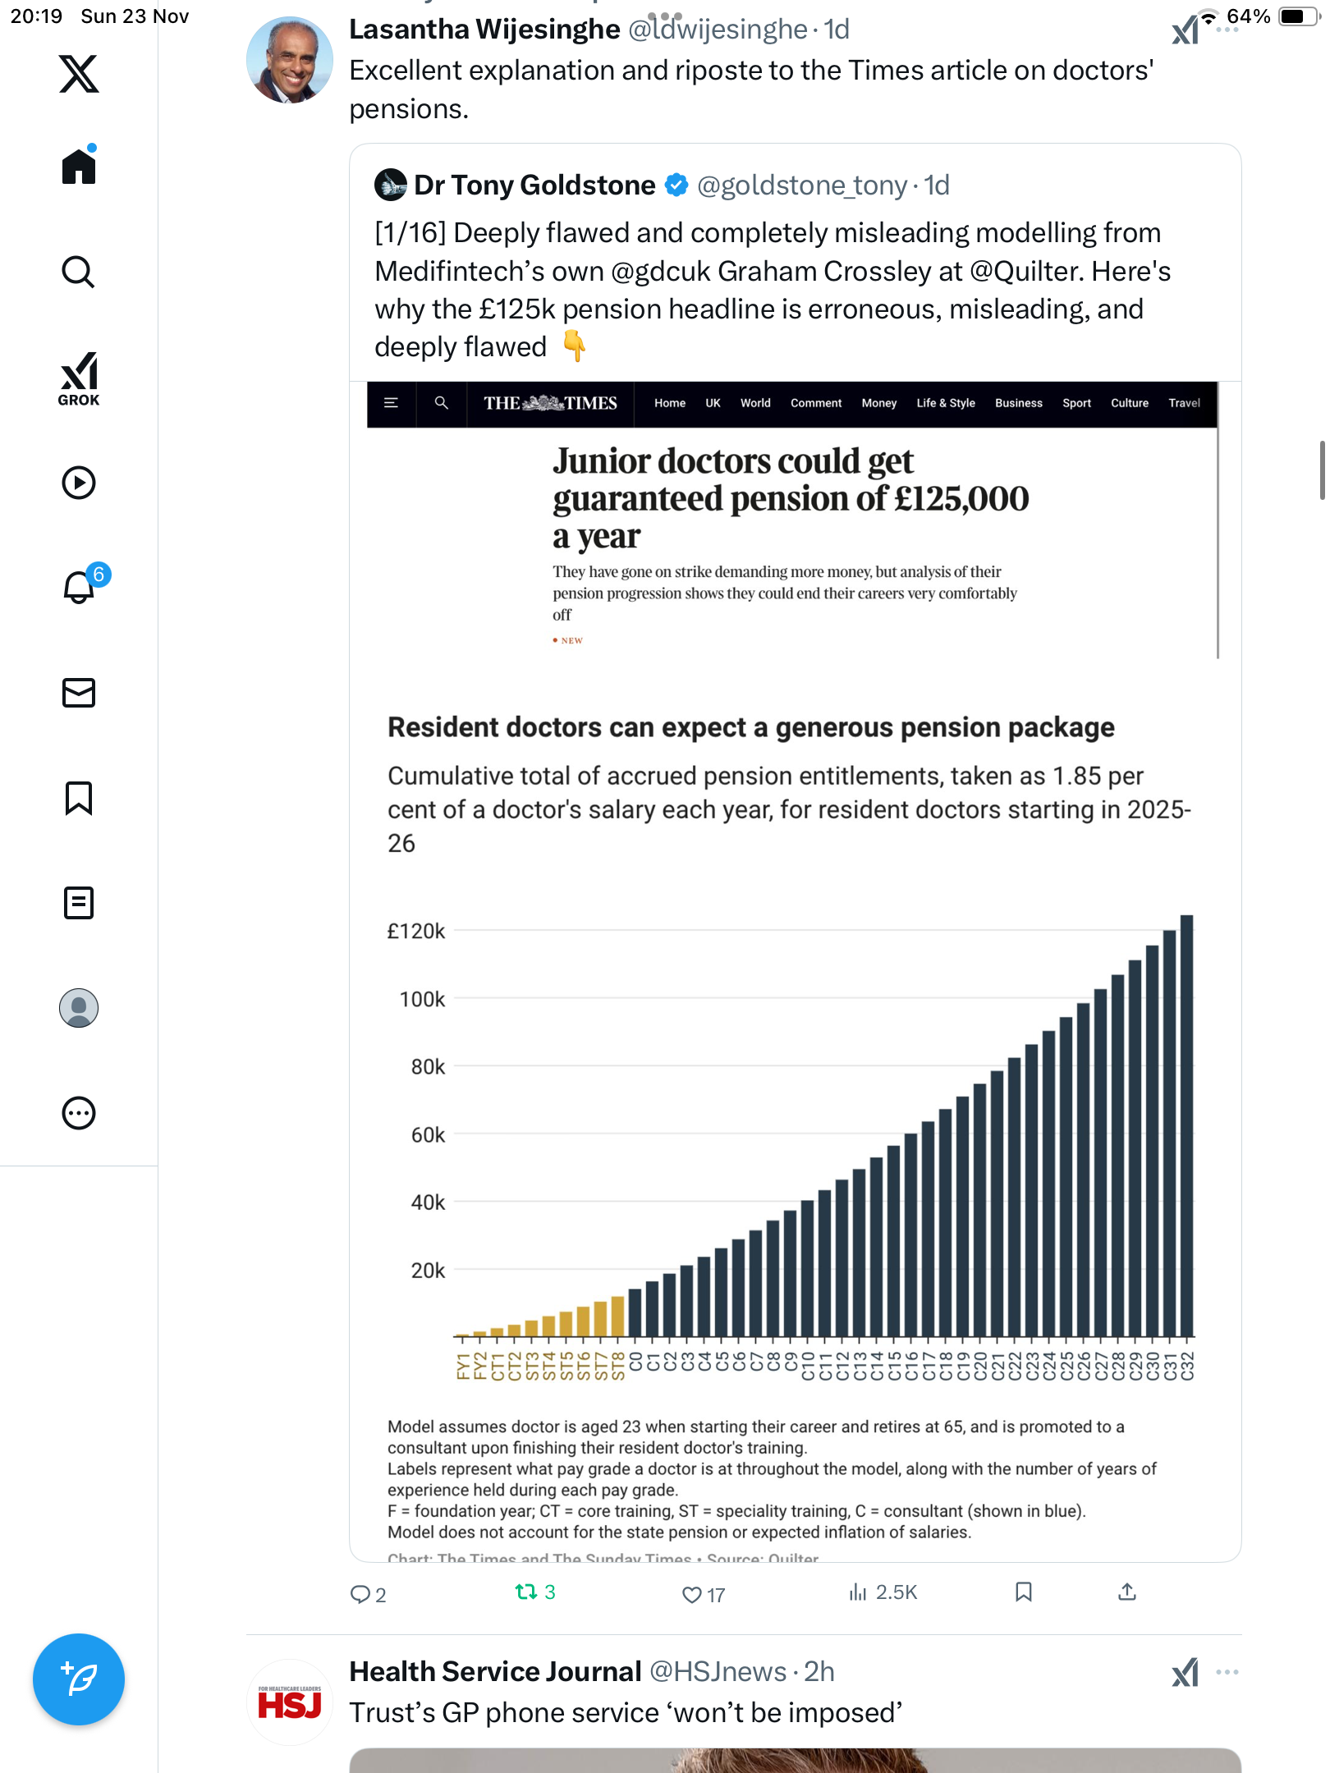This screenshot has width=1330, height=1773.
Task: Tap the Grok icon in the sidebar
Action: pyautogui.click(x=79, y=378)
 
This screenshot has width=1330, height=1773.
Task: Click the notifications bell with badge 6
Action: pyautogui.click(x=80, y=588)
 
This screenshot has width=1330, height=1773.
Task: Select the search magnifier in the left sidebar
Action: pyautogui.click(x=79, y=272)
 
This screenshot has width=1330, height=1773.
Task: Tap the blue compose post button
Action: pyautogui.click(x=79, y=1679)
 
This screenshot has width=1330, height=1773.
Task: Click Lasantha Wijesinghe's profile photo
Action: pyautogui.click(x=290, y=60)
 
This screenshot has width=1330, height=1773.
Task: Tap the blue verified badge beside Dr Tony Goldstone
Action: pyautogui.click(x=676, y=186)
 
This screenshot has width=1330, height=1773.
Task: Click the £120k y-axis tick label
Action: pyautogui.click(x=416, y=932)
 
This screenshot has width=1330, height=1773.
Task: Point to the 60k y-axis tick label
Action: pyautogui.click(x=428, y=1135)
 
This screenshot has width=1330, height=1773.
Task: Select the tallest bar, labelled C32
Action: pyautogui.click(x=1186, y=1125)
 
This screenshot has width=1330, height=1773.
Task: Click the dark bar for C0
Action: pyautogui.click(x=635, y=1312)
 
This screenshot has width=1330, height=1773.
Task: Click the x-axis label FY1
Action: pyautogui.click(x=462, y=1367)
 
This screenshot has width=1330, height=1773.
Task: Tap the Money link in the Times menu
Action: pyautogui.click(x=878, y=403)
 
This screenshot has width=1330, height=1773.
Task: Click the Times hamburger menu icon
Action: pyautogui.click(x=392, y=403)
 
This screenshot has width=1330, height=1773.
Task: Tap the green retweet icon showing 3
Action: pyautogui.click(x=525, y=1592)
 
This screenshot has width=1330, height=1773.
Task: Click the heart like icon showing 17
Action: pyautogui.click(x=692, y=1594)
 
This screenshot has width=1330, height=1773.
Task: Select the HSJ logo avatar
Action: pyautogui.click(x=290, y=1704)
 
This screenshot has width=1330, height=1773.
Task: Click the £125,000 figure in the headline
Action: pyautogui.click(x=961, y=499)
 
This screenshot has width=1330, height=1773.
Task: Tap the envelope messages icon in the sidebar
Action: pyautogui.click(x=79, y=693)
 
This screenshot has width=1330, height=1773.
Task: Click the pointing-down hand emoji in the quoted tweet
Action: pyautogui.click(x=574, y=346)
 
